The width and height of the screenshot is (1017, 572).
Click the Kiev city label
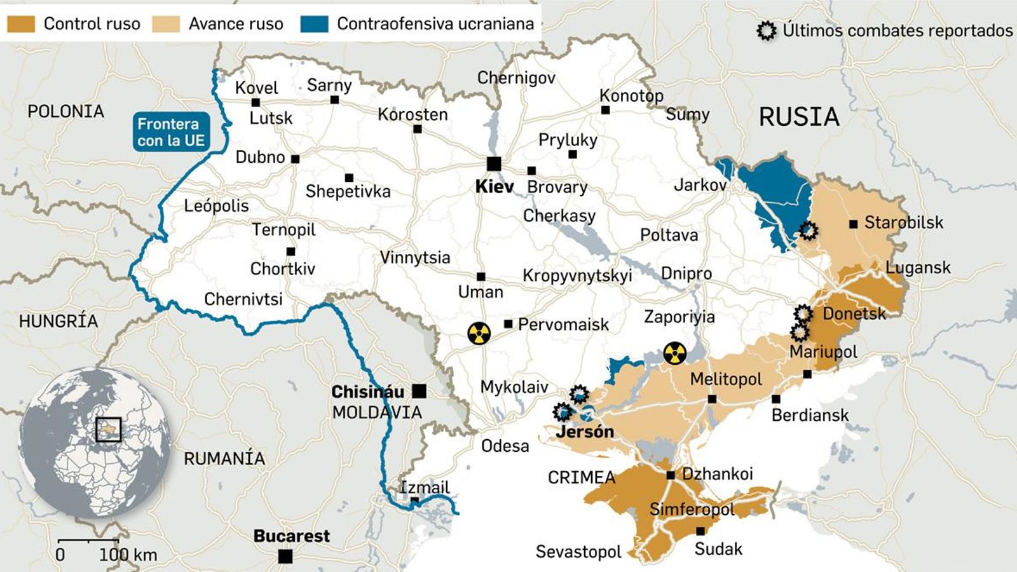pyautogui.click(x=494, y=187)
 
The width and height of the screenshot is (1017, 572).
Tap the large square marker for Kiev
pyautogui.click(x=494, y=164)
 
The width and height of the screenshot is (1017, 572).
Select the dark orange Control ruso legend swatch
pyautogui.click(x=21, y=24)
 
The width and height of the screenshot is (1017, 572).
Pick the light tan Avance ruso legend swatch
pyautogui.click(x=166, y=24)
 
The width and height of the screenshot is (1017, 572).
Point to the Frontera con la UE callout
pyautogui.click(x=170, y=132)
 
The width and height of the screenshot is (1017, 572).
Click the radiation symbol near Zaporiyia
pyautogui.click(x=674, y=353)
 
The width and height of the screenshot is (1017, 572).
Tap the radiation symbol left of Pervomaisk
pyautogui.click(x=479, y=332)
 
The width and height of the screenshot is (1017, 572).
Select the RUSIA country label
pyautogui.click(x=799, y=117)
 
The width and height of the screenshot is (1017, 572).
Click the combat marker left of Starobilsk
pyautogui.click(x=808, y=230)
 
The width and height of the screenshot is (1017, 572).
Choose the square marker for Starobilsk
pyautogui.click(x=853, y=224)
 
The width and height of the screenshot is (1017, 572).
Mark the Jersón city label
pyautogui.click(x=585, y=432)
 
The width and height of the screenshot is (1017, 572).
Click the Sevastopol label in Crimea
pyautogui.click(x=578, y=552)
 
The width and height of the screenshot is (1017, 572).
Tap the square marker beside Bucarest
pyautogui.click(x=285, y=556)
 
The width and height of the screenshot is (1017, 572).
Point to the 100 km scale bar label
pyautogui.click(x=128, y=555)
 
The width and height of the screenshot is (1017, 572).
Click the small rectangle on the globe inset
pyautogui.click(x=108, y=430)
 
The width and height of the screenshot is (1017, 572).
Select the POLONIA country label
pyautogui.click(x=65, y=112)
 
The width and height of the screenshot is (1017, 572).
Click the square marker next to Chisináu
pyautogui.click(x=419, y=391)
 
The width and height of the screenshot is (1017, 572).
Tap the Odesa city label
pyautogui.click(x=505, y=446)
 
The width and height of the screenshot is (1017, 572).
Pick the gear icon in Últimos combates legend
pyautogui.click(x=767, y=31)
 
